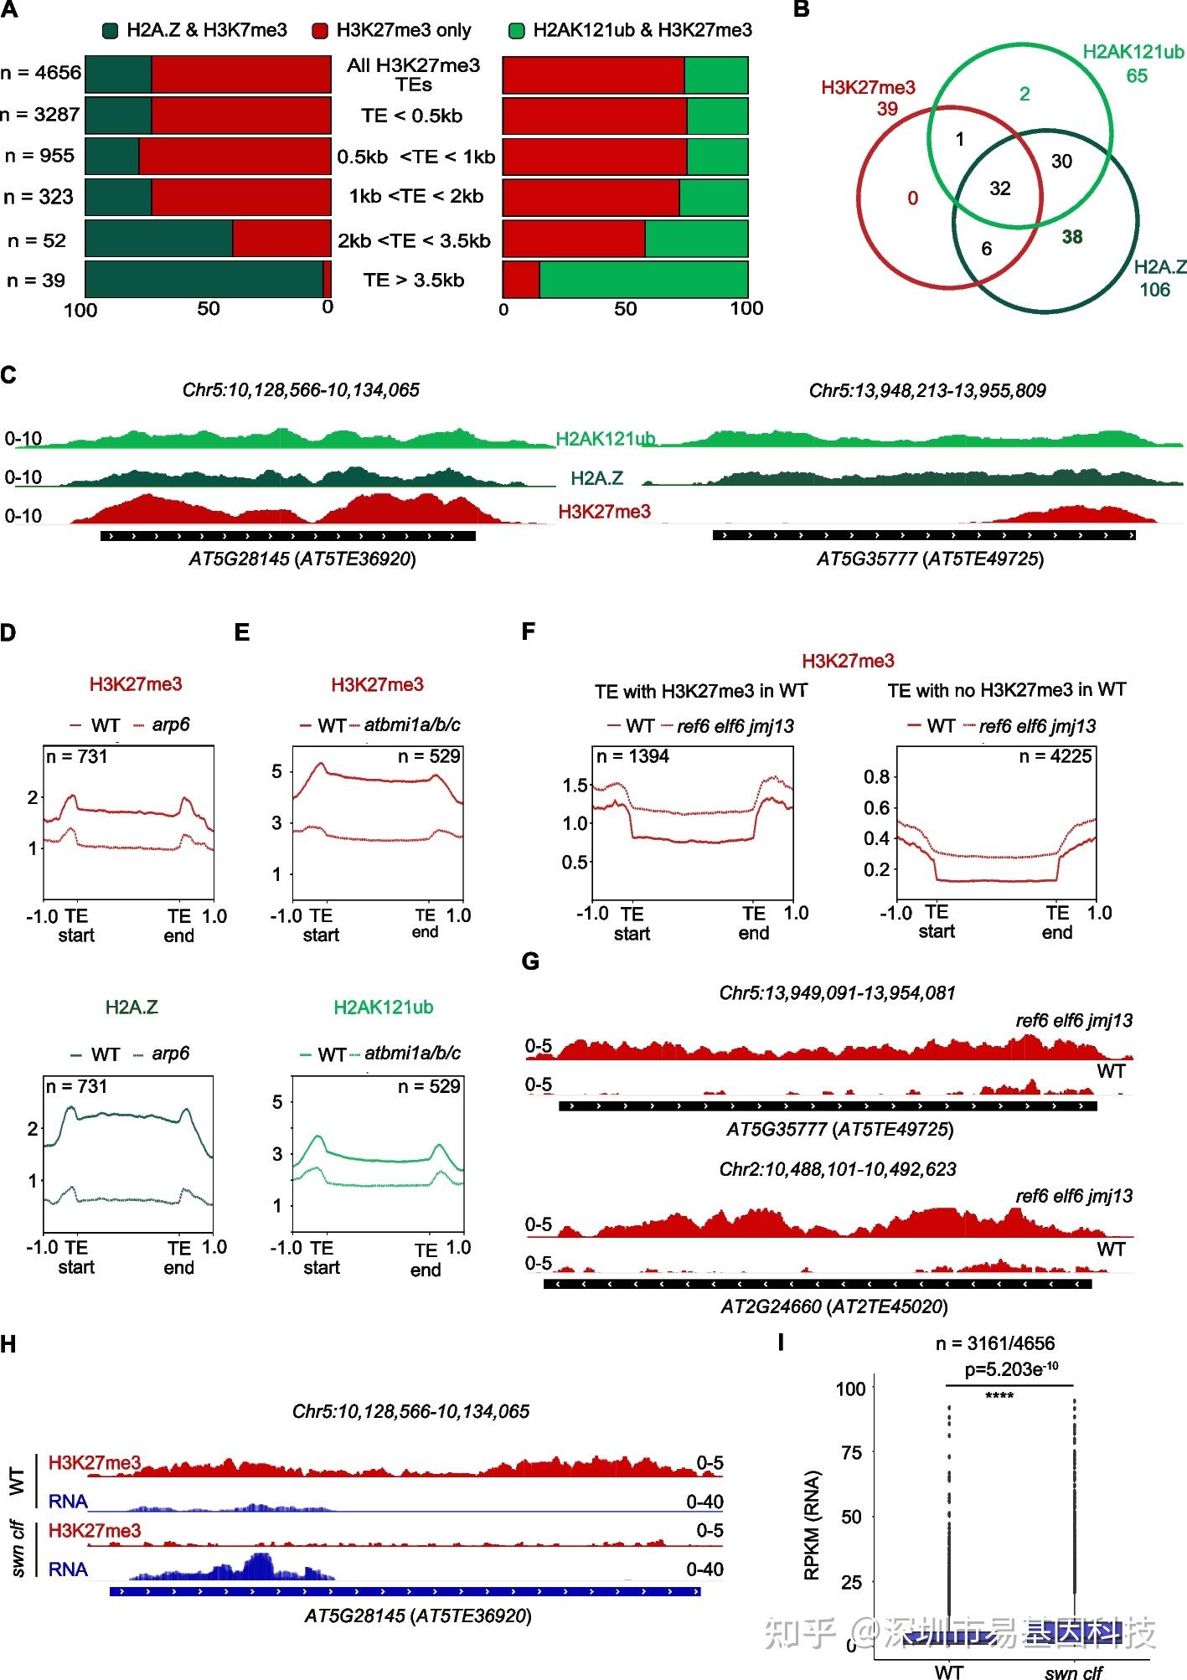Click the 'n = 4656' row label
coord(41,73)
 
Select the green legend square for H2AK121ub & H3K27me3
coord(516,31)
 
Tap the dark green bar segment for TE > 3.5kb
coord(204,279)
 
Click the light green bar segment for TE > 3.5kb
coord(643,279)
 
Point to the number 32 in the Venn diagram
coord(999,188)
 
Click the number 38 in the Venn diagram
coord(1071,237)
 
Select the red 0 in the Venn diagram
coord(912,198)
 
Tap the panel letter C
coord(9,374)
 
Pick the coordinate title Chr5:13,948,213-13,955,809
coord(926,390)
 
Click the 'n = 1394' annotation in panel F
coord(632,757)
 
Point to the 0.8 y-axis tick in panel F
coord(876,777)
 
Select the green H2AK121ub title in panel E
coord(383,1007)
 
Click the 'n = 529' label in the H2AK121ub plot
coord(429,1087)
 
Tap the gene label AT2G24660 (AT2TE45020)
coord(833,1306)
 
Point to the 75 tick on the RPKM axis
coord(851,1453)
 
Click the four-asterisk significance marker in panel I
coord(999,1395)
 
